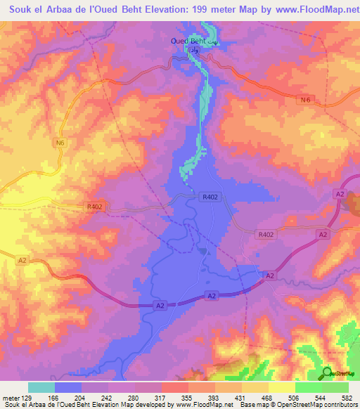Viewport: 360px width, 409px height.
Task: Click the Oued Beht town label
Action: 193,41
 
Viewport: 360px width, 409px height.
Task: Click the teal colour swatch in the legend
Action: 41,387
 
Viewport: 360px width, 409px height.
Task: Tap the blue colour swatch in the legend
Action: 68,387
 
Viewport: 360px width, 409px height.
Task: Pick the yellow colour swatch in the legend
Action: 282,387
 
